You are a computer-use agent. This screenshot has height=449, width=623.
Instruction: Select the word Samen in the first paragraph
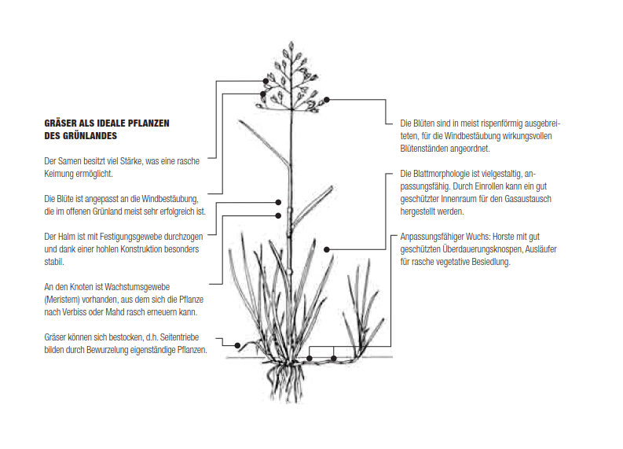pos(70,161)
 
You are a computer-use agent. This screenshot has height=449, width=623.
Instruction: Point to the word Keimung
pos(59,175)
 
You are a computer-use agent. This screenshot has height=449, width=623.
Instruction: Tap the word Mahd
pos(113,312)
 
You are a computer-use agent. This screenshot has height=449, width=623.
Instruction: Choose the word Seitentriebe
pos(179,337)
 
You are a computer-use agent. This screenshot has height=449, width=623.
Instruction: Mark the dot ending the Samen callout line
pos(266,81)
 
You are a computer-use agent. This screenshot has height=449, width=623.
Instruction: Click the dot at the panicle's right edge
pos(327,99)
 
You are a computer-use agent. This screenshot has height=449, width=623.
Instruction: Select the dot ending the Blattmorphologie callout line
pos(327,250)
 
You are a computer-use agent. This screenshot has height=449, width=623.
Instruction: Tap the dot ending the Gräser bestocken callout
pos(237,346)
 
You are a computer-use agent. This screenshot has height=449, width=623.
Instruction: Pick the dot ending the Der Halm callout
pos(279,202)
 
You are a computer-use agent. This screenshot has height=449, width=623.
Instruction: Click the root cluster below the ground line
pos(285,380)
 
